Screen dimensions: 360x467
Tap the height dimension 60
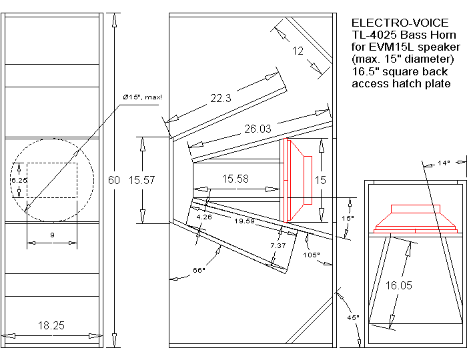(115, 180)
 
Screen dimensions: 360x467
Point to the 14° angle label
(444, 163)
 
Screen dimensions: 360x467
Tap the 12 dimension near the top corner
(298, 51)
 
